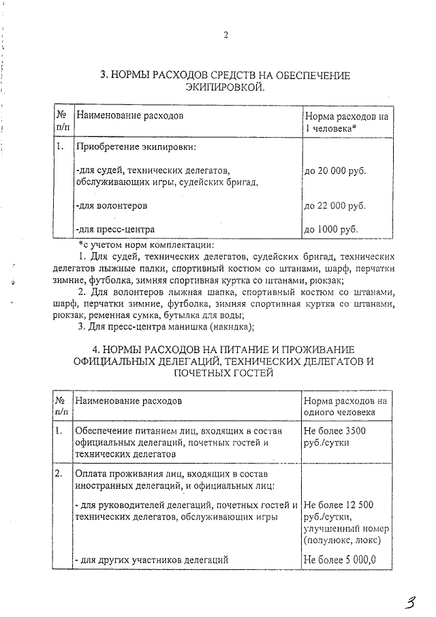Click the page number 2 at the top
225,35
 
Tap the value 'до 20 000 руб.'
335,170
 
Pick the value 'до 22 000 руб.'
335,205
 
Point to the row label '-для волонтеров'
110,205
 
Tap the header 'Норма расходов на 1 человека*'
347,122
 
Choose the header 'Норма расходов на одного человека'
345,407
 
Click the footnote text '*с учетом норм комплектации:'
146,245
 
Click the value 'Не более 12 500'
339,505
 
